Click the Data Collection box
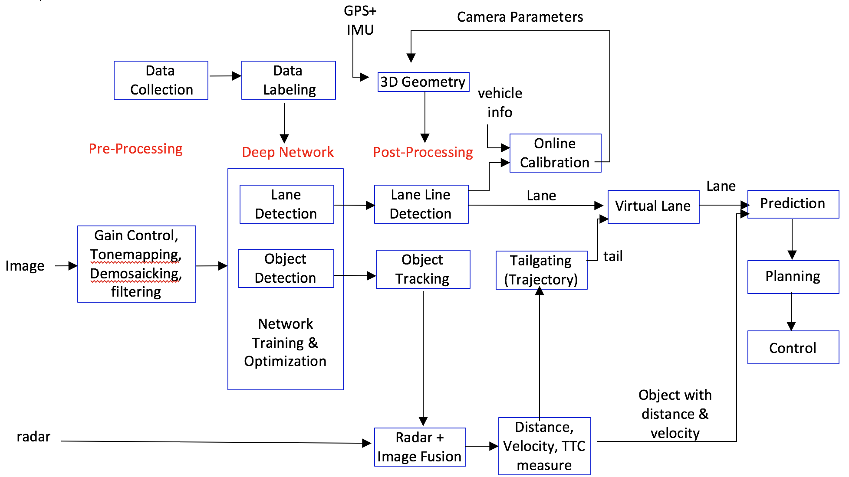pyautogui.click(x=161, y=80)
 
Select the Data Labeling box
pyautogui.click(x=288, y=80)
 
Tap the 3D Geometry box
pyautogui.click(x=423, y=82)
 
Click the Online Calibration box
pyautogui.click(x=555, y=153)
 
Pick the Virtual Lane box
pyautogui.click(x=653, y=206)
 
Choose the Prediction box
pyautogui.click(x=793, y=204)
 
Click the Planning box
pyautogui.click(x=793, y=277)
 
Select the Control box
pyautogui.click(x=793, y=347)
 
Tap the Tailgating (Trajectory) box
pyautogui.click(x=541, y=270)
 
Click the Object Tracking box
pyautogui.click(x=423, y=269)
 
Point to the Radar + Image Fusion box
pyautogui.click(x=420, y=447)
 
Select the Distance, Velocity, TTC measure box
pyautogui.click(x=544, y=446)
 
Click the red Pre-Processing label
pyautogui.click(x=135, y=149)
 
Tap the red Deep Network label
pyautogui.click(x=288, y=152)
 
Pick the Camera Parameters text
pyautogui.click(x=520, y=17)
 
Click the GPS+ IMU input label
pyautogui.click(x=360, y=20)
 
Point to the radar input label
pyautogui.click(x=33, y=437)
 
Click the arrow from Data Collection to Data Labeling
pyautogui.click(x=225, y=76)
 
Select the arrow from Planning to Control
pyautogui.click(x=791, y=312)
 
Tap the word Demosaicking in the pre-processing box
pyautogui.click(x=135, y=274)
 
